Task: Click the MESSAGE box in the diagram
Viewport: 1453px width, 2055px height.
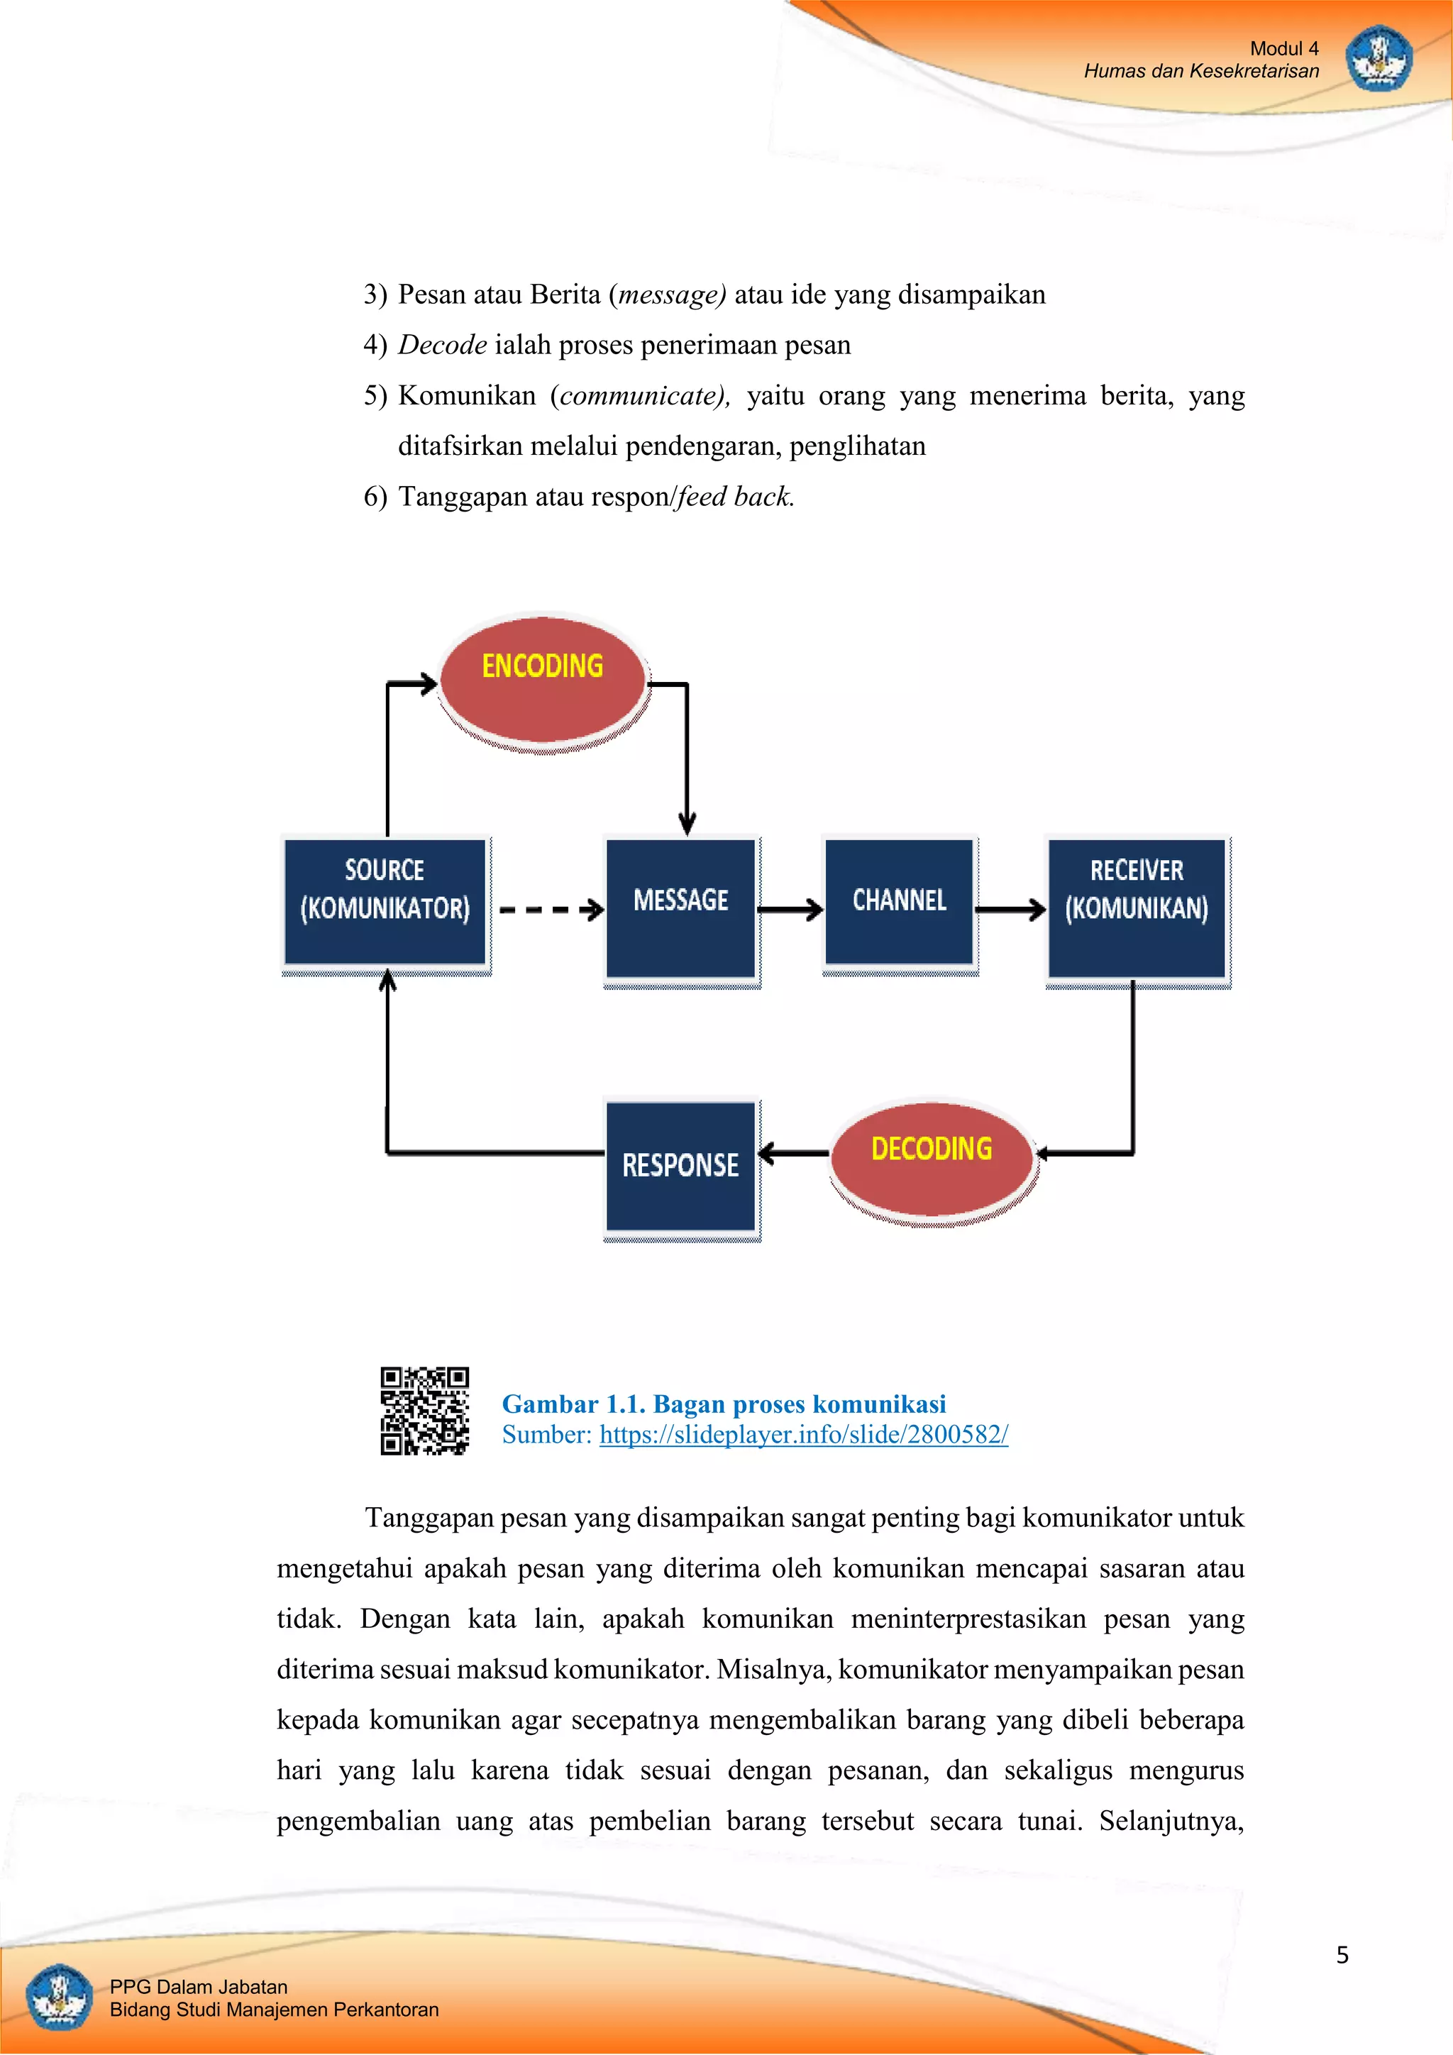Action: click(681, 908)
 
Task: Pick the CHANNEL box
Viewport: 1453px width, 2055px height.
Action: click(898, 901)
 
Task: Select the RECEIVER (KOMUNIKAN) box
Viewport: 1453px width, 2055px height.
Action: click(1137, 908)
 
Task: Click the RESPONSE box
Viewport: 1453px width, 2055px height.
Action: click(681, 1165)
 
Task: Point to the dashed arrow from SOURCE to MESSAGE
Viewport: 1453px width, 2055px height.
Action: click(549, 910)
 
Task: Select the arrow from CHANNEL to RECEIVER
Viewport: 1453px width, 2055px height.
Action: click(1010, 910)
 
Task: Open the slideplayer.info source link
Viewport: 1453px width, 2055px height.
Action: click(803, 1434)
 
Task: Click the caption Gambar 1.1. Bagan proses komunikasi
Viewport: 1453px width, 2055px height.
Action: click(723, 1404)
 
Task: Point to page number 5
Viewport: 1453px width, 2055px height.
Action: click(1342, 1955)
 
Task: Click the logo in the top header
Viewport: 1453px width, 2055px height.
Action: click(1378, 59)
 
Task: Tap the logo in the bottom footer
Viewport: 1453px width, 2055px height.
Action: click(59, 1997)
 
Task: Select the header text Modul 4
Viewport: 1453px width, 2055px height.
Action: click(1284, 48)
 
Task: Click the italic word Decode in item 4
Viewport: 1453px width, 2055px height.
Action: click(442, 345)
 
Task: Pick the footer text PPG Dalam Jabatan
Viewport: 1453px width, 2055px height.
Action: click(199, 1987)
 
